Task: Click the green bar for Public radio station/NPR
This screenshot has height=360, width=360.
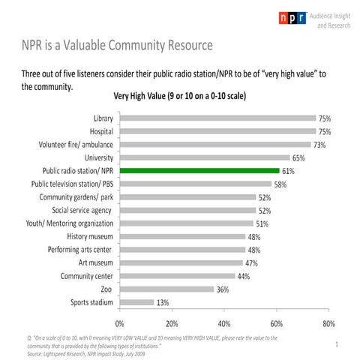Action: [199, 171]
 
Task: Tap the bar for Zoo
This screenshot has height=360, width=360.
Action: [166, 289]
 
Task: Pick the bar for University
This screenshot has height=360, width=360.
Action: [205, 158]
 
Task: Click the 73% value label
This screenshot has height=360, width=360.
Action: [320, 145]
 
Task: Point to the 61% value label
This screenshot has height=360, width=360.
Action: [289, 171]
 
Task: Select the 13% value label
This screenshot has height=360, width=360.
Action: [163, 302]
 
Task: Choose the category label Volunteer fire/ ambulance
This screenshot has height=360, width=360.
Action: [71, 145]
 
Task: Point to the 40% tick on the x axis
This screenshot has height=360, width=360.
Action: [224, 323]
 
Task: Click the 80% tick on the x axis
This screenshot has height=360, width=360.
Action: [328, 323]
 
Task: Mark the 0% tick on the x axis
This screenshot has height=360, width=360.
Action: [120, 323]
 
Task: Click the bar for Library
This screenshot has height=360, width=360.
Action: [218, 118]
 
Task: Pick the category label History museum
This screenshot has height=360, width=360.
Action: [90, 237]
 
